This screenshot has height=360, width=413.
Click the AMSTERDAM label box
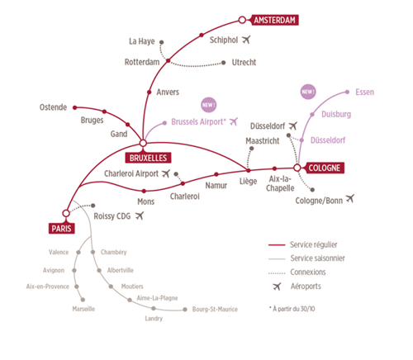[x=275, y=20]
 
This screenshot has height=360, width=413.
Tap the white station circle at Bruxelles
[x=143, y=143]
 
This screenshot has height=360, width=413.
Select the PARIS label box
[x=61, y=229]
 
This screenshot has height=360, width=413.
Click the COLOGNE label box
[x=324, y=168]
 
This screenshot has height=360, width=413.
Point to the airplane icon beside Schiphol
[x=246, y=40]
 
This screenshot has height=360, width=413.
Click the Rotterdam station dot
[x=169, y=60]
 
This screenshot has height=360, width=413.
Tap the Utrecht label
[x=244, y=63]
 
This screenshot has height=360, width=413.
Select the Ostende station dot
[x=75, y=107]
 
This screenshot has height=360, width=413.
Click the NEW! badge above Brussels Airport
[x=209, y=105]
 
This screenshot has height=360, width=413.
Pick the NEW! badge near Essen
[x=308, y=92]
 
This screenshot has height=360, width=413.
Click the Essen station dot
[x=347, y=92]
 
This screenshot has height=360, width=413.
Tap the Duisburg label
[x=336, y=114]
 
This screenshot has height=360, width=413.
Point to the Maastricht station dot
[x=252, y=149]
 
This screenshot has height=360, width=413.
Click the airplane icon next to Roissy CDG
[x=140, y=216]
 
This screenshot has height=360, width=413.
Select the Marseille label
[x=83, y=309]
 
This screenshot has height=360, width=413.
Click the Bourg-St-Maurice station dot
[x=185, y=310]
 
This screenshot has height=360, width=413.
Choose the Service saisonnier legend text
[x=317, y=258]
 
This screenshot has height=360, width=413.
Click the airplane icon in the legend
[x=277, y=287]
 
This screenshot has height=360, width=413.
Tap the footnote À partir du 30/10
[x=292, y=309]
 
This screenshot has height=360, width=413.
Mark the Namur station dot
[x=216, y=174]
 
